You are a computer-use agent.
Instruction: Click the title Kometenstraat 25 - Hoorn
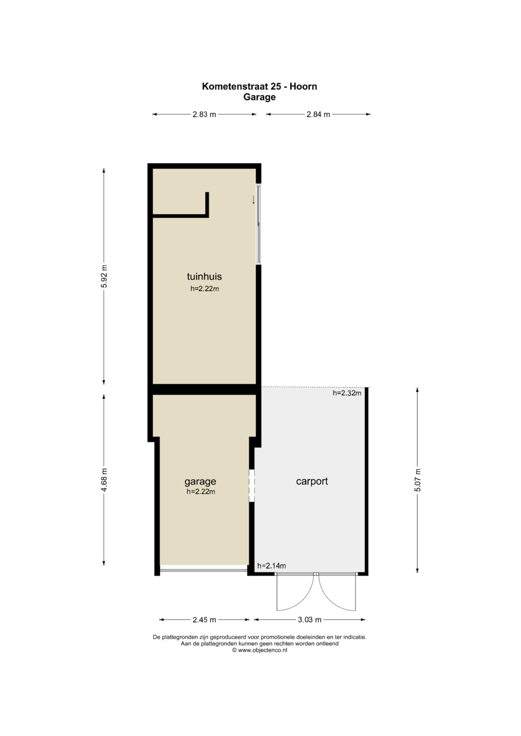tap(260, 86)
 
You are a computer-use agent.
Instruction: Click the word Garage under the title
tap(260, 97)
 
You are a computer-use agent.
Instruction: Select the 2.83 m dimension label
tap(204, 114)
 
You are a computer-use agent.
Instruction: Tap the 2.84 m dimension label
tap(318, 114)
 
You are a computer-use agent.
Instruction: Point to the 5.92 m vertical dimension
tap(104, 276)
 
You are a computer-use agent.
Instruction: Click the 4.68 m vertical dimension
tap(104, 480)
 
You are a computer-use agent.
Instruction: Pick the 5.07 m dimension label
tap(417, 480)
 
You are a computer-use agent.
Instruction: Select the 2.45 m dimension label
tap(204, 620)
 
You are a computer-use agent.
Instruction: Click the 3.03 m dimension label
tap(310, 620)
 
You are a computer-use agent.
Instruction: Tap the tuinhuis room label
tap(204, 276)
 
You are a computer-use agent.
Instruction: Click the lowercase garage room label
tap(200, 482)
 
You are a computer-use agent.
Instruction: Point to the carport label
tap(312, 482)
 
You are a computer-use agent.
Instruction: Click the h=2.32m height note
tap(347, 393)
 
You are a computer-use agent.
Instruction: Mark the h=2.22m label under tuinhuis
tap(205, 289)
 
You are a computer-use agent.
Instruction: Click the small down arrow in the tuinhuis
tap(253, 200)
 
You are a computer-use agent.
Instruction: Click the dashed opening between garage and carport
tap(252, 486)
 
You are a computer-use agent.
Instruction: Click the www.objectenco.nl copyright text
tap(260, 650)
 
